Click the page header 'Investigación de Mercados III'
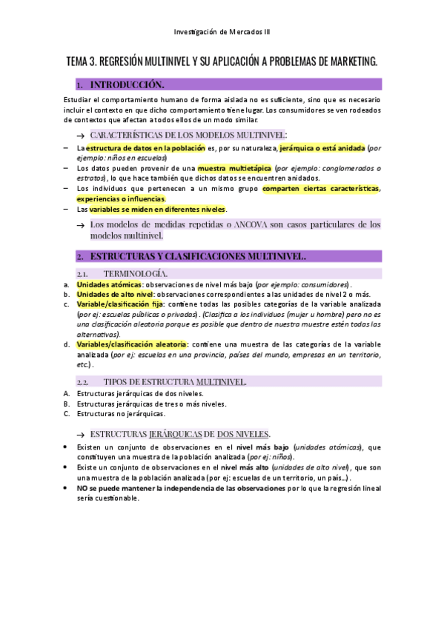point(222,32)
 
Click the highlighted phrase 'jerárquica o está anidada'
point(322,148)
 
